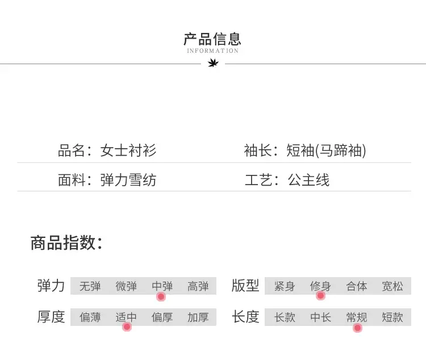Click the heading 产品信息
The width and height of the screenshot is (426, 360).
click(x=212, y=39)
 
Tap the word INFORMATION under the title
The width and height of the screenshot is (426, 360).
click(x=213, y=51)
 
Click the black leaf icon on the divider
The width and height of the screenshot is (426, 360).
click(x=213, y=64)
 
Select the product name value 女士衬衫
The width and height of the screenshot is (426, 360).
click(x=128, y=150)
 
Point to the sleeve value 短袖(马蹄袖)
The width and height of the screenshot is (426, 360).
click(x=326, y=150)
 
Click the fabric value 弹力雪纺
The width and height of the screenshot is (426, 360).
click(x=128, y=180)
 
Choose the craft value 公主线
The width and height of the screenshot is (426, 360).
click(x=308, y=180)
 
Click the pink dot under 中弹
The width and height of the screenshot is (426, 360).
click(x=161, y=296)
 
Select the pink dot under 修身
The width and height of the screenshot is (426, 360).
click(x=320, y=295)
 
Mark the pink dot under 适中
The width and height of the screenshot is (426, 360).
click(x=127, y=326)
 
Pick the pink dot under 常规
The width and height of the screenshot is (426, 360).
click(x=357, y=328)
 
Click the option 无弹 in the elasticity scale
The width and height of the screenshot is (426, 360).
click(x=90, y=286)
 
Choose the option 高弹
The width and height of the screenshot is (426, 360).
click(x=198, y=286)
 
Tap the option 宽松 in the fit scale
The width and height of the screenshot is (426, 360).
click(x=392, y=286)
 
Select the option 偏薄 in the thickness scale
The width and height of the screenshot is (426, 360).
click(x=90, y=317)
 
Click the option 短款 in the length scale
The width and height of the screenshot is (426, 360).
click(x=392, y=317)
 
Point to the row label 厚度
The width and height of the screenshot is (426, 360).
click(x=51, y=317)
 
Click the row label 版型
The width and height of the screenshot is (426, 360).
click(x=245, y=286)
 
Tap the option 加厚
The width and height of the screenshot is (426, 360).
click(x=198, y=317)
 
